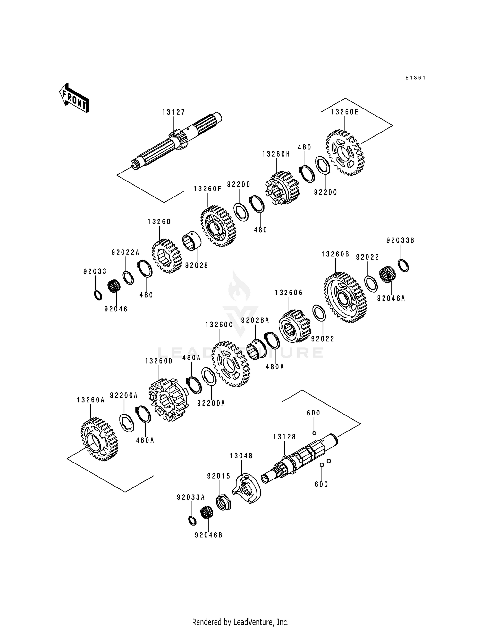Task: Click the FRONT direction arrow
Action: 74,97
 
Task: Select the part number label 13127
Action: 174,112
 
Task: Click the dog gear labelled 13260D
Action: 168,399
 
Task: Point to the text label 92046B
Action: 208,535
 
